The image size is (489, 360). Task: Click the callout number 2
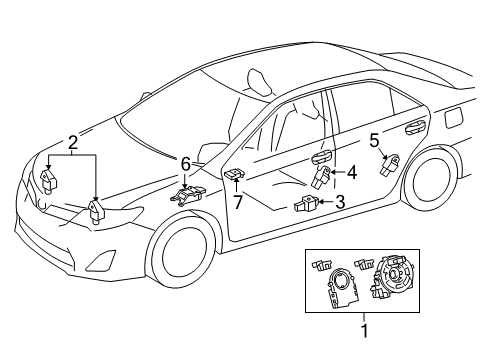click(x=71, y=142)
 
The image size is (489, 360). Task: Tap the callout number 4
click(x=352, y=172)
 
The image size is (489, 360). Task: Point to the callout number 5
click(x=374, y=140)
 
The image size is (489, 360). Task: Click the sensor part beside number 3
click(x=307, y=206)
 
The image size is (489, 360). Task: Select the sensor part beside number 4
click(x=324, y=176)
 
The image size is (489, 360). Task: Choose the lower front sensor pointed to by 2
click(x=97, y=211)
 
